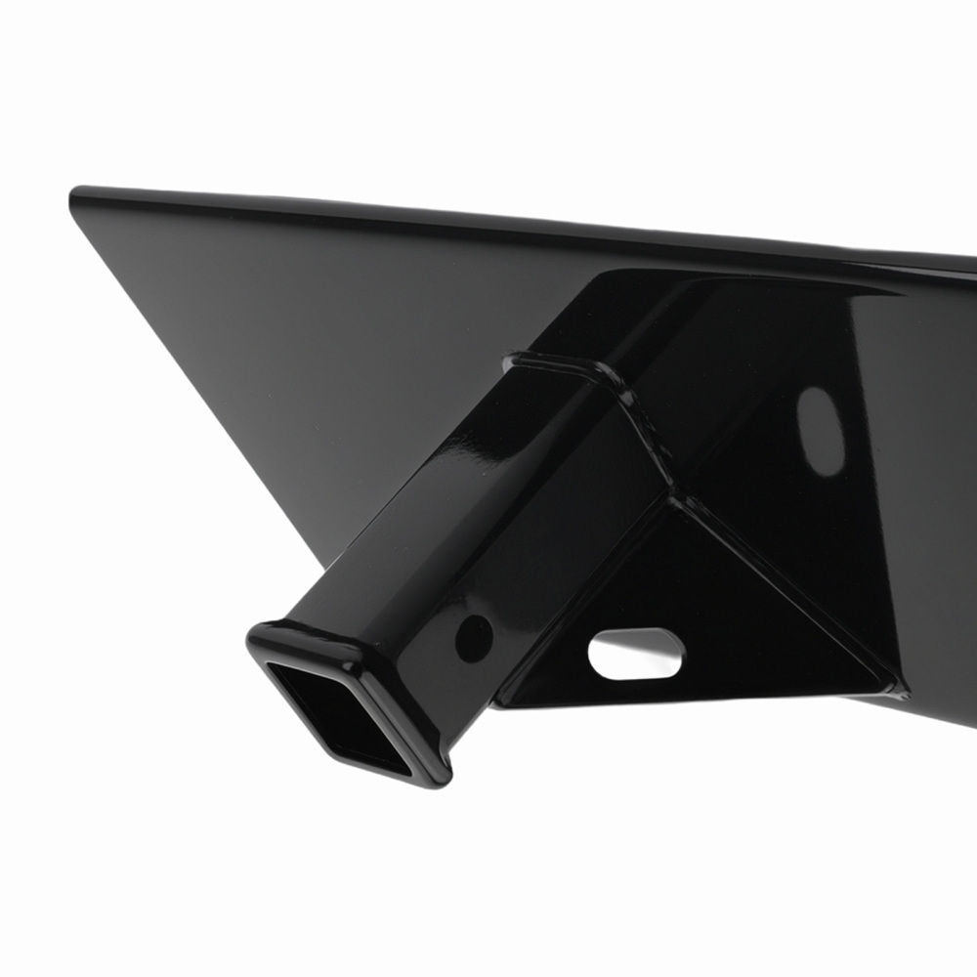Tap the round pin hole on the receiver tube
tap(474, 637)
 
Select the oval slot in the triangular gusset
tap(636, 653)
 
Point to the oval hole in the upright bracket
tap(821, 431)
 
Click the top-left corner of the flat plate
tap(76, 194)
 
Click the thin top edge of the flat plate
tap(488, 219)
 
